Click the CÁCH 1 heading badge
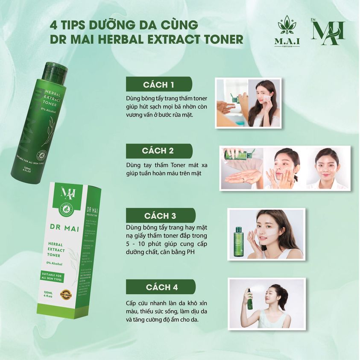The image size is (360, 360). pos(158,84)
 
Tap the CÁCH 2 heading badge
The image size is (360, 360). pos(158,151)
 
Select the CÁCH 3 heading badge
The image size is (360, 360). pos(160,216)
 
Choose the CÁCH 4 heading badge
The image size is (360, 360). pos(161,287)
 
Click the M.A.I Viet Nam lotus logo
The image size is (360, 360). pos(287,32)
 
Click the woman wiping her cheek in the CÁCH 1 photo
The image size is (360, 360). pos(264,102)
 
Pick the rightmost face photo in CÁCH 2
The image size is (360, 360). pos(328,167)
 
